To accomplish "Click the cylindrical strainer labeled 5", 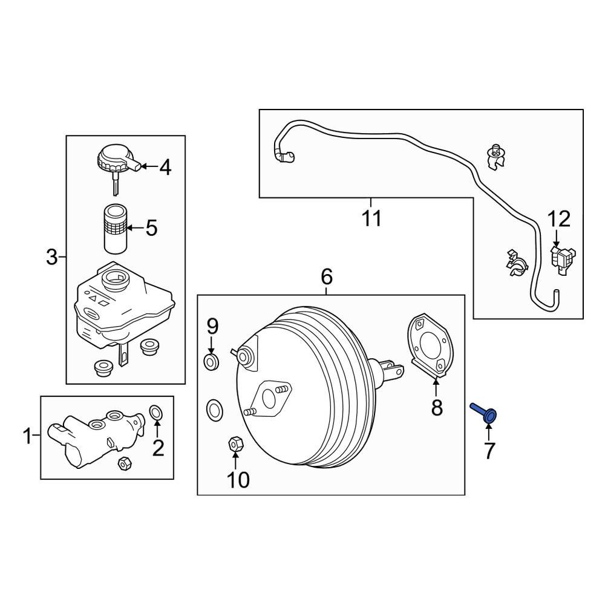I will (115, 229).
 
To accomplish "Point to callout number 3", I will (52, 258).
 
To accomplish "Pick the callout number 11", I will (372, 218).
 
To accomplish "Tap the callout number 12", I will (559, 219).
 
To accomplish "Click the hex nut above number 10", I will (236, 445).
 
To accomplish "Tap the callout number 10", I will (238, 480).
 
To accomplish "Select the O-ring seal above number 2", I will (155, 413).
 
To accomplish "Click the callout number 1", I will (27, 436).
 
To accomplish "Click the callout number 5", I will (151, 228).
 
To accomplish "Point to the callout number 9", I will (212, 327).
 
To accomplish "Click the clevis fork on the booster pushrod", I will (392, 370).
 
